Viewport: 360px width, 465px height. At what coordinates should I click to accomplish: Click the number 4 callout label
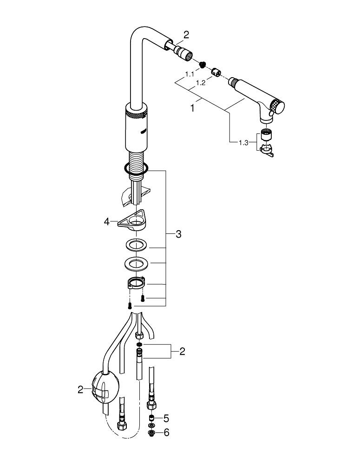107,222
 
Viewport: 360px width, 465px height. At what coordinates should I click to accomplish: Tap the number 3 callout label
178,234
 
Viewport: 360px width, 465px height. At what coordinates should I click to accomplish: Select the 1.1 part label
190,74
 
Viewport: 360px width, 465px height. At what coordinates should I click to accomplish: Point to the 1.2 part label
201,83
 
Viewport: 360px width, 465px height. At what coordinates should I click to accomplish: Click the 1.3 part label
243,143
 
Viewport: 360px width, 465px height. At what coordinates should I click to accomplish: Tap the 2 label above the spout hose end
186,34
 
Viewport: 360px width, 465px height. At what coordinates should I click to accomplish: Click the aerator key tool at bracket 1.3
267,150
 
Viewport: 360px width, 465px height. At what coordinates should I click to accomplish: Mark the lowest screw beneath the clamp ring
130,306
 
